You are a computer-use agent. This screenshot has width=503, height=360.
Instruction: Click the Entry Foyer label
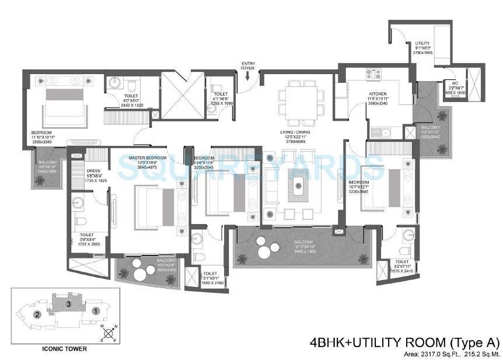point(249,65)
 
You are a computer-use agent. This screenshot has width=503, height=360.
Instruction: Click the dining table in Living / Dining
point(302,100)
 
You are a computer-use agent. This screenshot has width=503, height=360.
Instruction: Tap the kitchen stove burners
point(373,74)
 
